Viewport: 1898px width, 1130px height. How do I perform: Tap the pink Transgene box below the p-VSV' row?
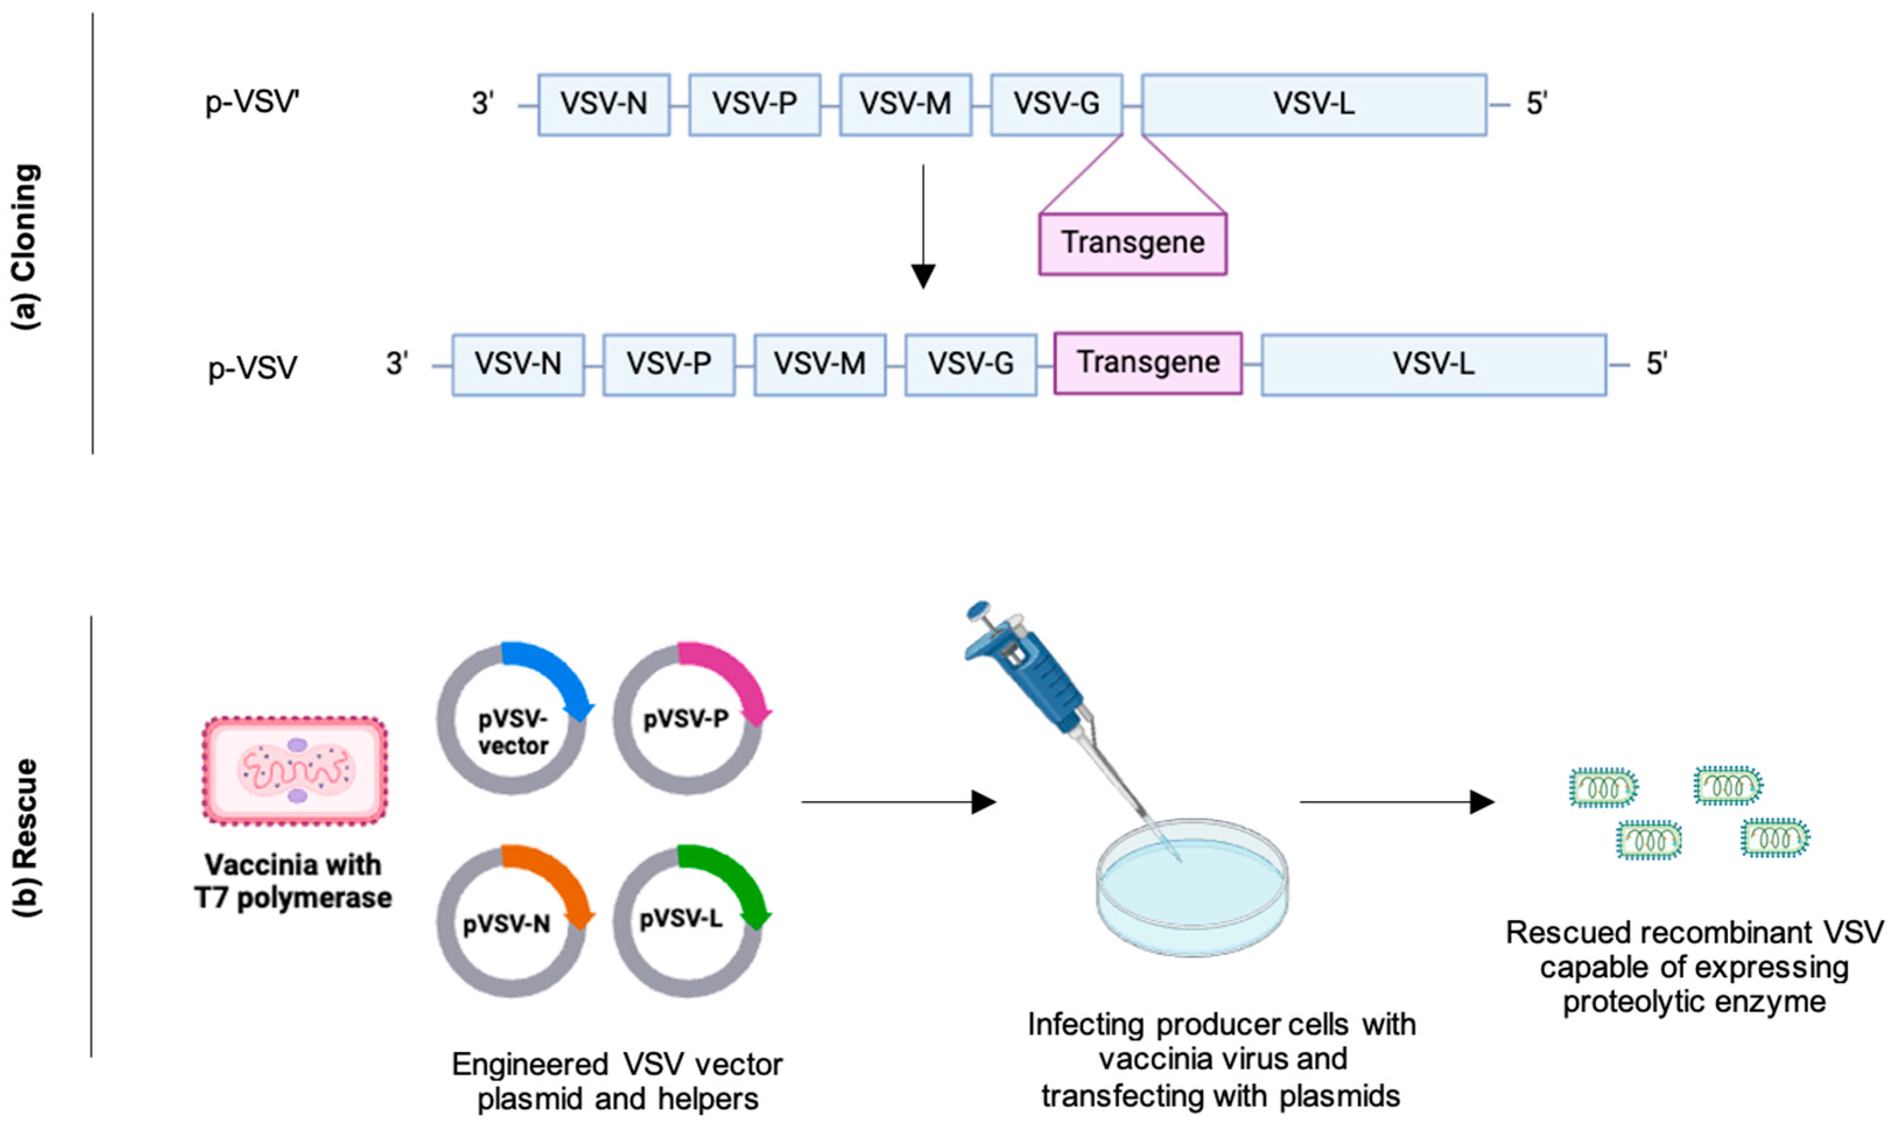pyautogui.click(x=1133, y=244)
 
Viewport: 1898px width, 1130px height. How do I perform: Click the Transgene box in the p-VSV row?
pyautogui.click(x=1148, y=363)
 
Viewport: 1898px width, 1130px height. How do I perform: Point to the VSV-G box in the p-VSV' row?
pyautogui.click(x=1056, y=104)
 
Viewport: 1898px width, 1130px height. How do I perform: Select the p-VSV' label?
pyautogui.click(x=252, y=102)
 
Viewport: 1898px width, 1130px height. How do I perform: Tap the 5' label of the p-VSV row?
pyautogui.click(x=1657, y=365)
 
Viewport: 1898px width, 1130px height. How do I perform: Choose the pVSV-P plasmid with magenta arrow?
pyautogui.click(x=688, y=720)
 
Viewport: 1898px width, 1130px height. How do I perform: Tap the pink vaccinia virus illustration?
pyautogui.click(x=294, y=771)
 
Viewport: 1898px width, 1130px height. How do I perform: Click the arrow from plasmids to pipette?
pyautogui.click(x=898, y=802)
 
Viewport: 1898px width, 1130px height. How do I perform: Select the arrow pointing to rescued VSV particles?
pyautogui.click(x=1397, y=802)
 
